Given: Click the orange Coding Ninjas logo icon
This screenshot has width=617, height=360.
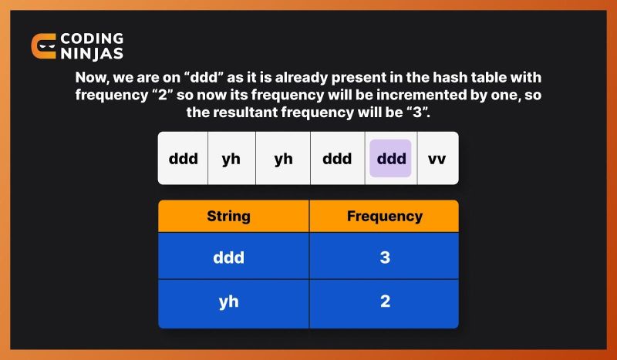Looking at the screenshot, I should (x=44, y=47).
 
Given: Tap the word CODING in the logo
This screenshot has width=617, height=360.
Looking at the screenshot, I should (x=92, y=39).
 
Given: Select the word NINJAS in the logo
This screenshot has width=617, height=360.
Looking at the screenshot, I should (x=92, y=55).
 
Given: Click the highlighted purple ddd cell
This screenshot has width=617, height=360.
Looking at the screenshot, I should (x=390, y=159).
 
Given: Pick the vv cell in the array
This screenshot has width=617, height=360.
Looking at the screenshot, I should (x=437, y=159).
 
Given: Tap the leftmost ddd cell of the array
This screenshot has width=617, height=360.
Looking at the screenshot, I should (x=183, y=159).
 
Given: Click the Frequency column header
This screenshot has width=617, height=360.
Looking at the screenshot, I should (x=384, y=217).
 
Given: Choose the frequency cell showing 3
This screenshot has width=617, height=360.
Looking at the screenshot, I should (x=384, y=257).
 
